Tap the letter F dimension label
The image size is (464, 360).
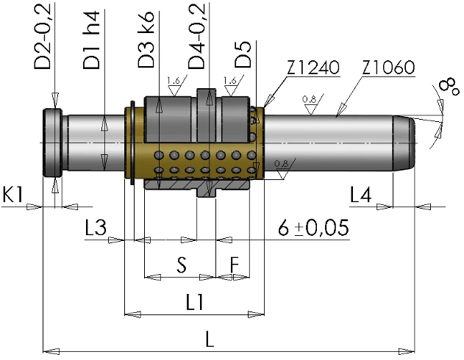(234, 263)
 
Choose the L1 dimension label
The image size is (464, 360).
(195, 301)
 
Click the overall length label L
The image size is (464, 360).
(210, 339)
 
